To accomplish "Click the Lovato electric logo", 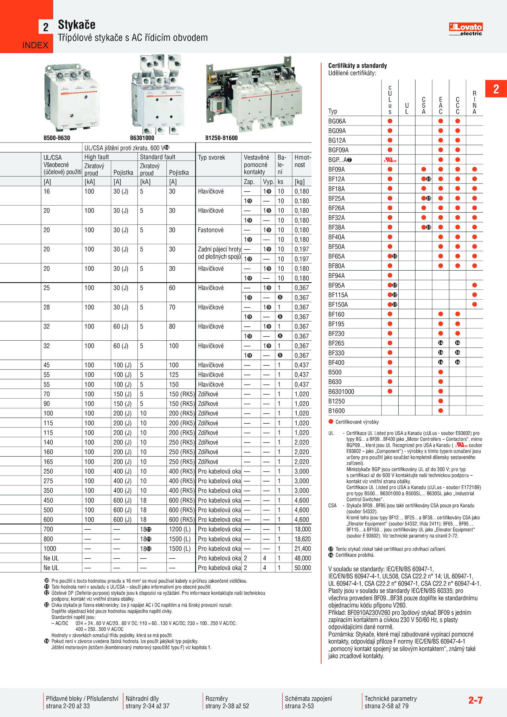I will point(465,29).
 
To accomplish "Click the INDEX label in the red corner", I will point(35,45).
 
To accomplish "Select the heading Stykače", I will point(77,25).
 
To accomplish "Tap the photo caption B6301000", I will point(142,138).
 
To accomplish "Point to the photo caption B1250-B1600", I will point(221,138).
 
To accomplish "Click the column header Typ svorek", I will point(211,157).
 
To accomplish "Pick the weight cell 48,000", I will point(303,558).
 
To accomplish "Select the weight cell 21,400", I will point(303,548).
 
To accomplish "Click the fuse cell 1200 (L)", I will point(180,529).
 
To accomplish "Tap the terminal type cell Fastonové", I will point(211,230).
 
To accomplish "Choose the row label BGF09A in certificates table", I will point(338,150).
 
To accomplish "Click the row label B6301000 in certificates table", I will point(341,392).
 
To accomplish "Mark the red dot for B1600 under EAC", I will point(440,411).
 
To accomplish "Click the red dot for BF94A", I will point(390,276).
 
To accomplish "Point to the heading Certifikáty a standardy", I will point(357,66).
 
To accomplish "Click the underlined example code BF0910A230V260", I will point(369,612).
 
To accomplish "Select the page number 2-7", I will point(475,700).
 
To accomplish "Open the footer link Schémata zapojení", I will point(308,698).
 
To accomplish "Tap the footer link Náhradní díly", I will point(142,698).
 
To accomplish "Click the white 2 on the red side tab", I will point(496,89).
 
